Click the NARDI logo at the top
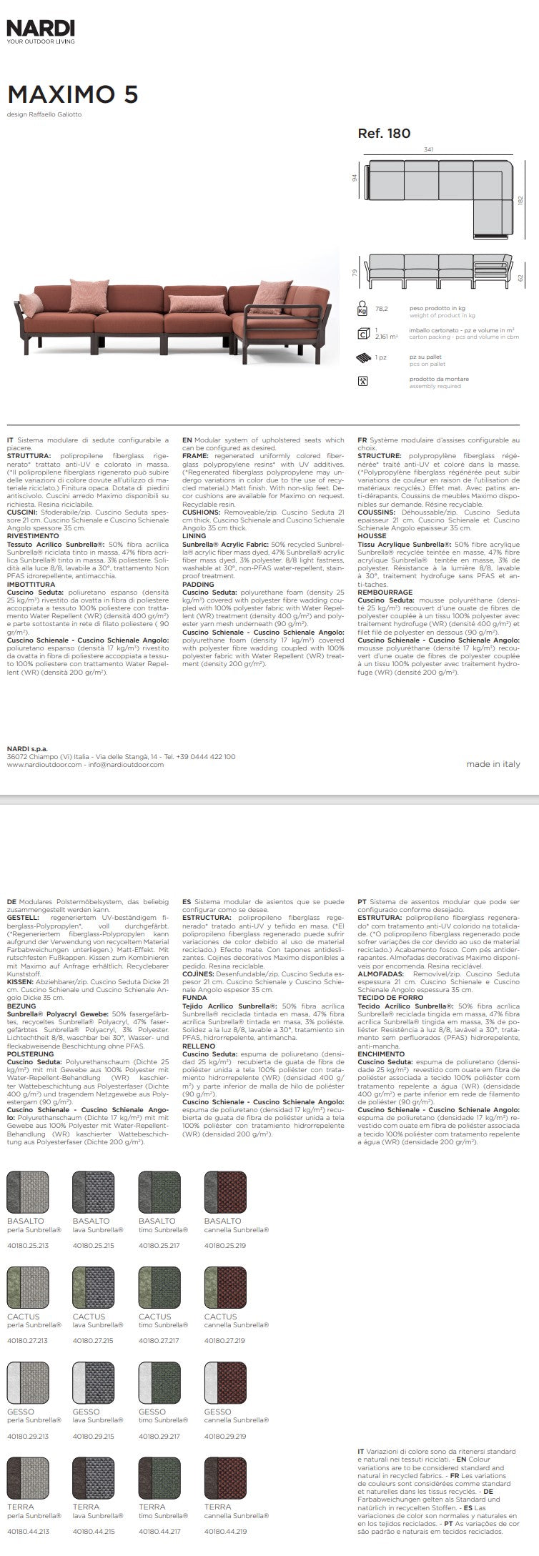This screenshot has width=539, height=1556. click(41, 29)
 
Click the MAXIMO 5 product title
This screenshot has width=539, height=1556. click(73, 95)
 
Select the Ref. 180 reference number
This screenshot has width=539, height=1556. click(384, 133)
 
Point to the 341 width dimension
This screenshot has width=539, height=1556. click(429, 149)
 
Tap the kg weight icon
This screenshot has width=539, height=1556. click(363, 309)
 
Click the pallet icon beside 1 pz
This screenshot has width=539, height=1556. click(363, 357)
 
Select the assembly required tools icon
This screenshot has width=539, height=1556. click(363, 381)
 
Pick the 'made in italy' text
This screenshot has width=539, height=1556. click(493, 763)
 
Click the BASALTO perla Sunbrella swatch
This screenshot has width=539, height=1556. click(28, 1192)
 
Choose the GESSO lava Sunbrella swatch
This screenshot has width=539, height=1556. click(94, 1382)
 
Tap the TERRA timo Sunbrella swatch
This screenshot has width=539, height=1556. click(159, 1477)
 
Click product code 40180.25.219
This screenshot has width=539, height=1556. click(225, 1246)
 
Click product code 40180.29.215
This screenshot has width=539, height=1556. click(94, 1435)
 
